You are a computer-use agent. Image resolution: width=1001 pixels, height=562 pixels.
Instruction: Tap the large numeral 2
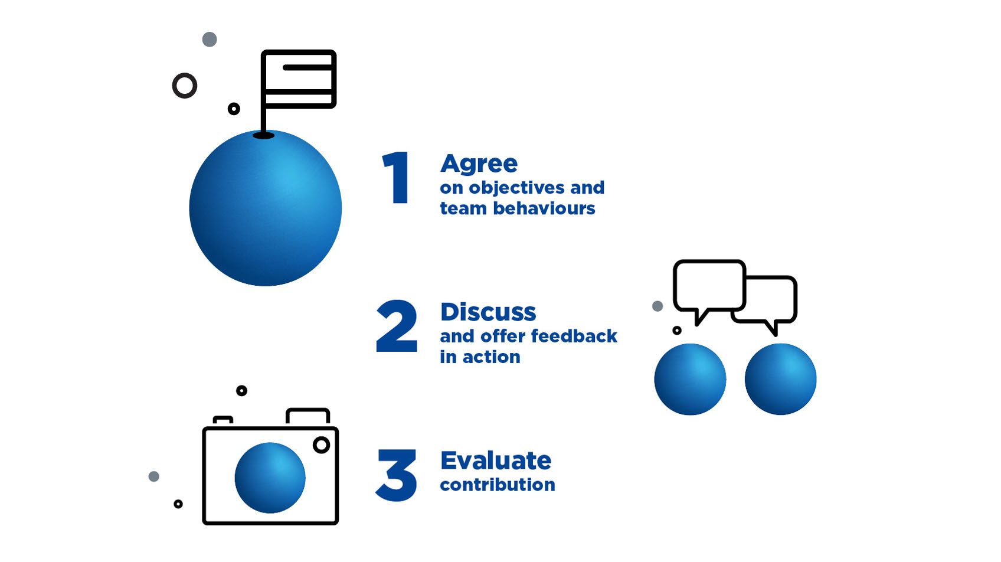[x=397, y=326]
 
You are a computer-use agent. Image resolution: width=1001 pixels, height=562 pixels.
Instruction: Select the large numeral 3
[x=397, y=475]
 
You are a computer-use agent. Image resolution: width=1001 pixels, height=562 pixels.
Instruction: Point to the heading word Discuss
[x=488, y=312]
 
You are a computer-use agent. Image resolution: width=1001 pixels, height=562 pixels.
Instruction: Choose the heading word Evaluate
[x=496, y=460]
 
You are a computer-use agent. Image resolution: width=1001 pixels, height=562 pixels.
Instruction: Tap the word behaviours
[x=544, y=208]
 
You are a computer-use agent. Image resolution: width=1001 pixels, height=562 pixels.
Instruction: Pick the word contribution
[x=498, y=485]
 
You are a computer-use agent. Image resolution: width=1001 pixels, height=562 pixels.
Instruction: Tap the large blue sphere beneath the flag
[x=266, y=208]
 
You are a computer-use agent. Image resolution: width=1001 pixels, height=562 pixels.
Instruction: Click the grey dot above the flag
[x=210, y=40]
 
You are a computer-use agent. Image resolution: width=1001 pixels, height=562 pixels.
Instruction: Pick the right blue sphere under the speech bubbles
[x=780, y=379]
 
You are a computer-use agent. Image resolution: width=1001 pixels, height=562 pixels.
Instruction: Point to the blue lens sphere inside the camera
[x=270, y=478]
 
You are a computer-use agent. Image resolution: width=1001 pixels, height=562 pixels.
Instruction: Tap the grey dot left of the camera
[x=153, y=476]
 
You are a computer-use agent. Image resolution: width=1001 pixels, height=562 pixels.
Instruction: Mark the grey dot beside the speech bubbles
[x=657, y=306]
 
